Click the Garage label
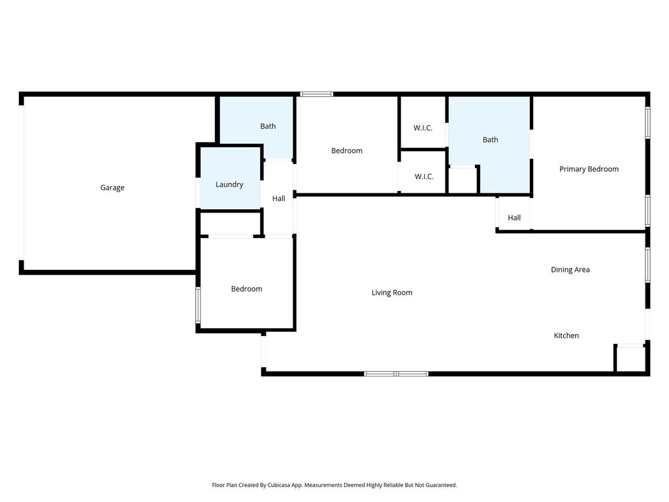coord(112,188)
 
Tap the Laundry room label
coord(229,184)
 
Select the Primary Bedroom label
coord(589,169)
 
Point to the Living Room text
coord(392,292)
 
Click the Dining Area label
coord(570,269)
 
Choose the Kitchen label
coord(566,335)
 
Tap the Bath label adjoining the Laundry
coord(268,126)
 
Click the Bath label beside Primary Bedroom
coord(490,140)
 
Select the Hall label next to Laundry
coord(278,198)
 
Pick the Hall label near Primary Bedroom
coord(514,218)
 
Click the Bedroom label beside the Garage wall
coord(246,289)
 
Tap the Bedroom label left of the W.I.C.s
coord(346,151)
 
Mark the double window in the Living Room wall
coord(397,374)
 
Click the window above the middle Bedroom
coord(317,94)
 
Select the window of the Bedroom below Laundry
coord(198,305)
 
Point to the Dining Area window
coord(647,265)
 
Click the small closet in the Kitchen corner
coord(630,359)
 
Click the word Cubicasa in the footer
coord(280,485)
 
